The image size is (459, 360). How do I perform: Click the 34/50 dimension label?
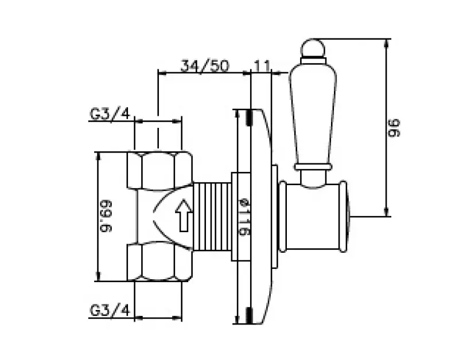204,65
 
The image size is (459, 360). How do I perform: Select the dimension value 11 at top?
262,65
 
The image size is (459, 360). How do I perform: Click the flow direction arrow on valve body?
183,216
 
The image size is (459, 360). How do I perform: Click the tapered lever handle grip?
310,115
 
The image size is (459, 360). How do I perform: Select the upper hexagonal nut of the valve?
160,170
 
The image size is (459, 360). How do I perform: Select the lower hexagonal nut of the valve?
160,262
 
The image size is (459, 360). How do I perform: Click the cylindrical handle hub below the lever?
313,216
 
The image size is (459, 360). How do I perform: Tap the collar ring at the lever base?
313,166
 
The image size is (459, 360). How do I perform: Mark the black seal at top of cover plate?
248,118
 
